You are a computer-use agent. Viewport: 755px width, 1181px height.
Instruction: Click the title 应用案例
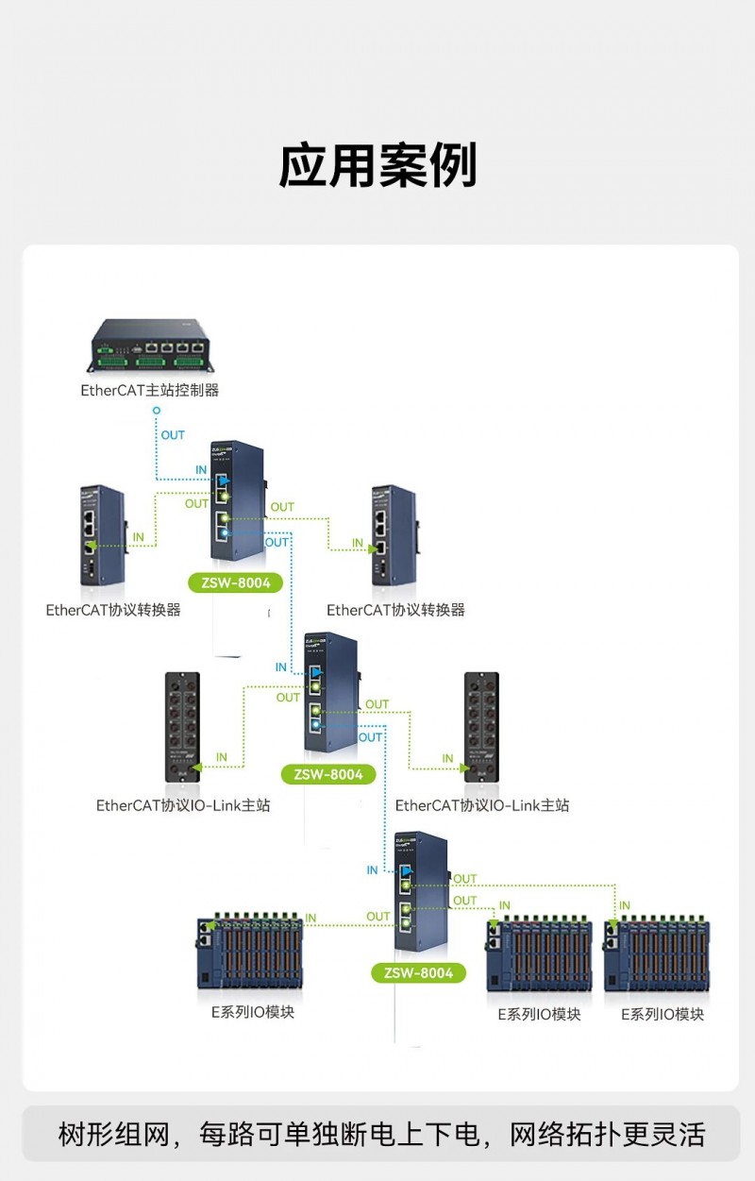click(x=377, y=166)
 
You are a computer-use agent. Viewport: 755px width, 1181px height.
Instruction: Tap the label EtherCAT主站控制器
click(x=150, y=390)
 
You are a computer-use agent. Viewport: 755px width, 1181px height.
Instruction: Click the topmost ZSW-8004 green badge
click(x=236, y=582)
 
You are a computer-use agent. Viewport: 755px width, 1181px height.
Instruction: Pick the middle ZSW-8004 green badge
click(x=327, y=774)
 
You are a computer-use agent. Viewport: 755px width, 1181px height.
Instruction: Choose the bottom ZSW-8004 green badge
click(x=418, y=972)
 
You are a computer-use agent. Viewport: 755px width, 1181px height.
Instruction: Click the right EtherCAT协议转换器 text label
click(x=396, y=610)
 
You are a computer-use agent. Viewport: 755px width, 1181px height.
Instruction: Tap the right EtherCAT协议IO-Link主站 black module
click(x=481, y=726)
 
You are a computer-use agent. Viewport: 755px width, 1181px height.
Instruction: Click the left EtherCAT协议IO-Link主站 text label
click(x=183, y=805)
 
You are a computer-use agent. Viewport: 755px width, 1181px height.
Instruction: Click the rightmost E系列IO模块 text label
click(x=663, y=1014)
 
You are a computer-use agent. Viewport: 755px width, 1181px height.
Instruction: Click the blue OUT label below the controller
click(x=173, y=435)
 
